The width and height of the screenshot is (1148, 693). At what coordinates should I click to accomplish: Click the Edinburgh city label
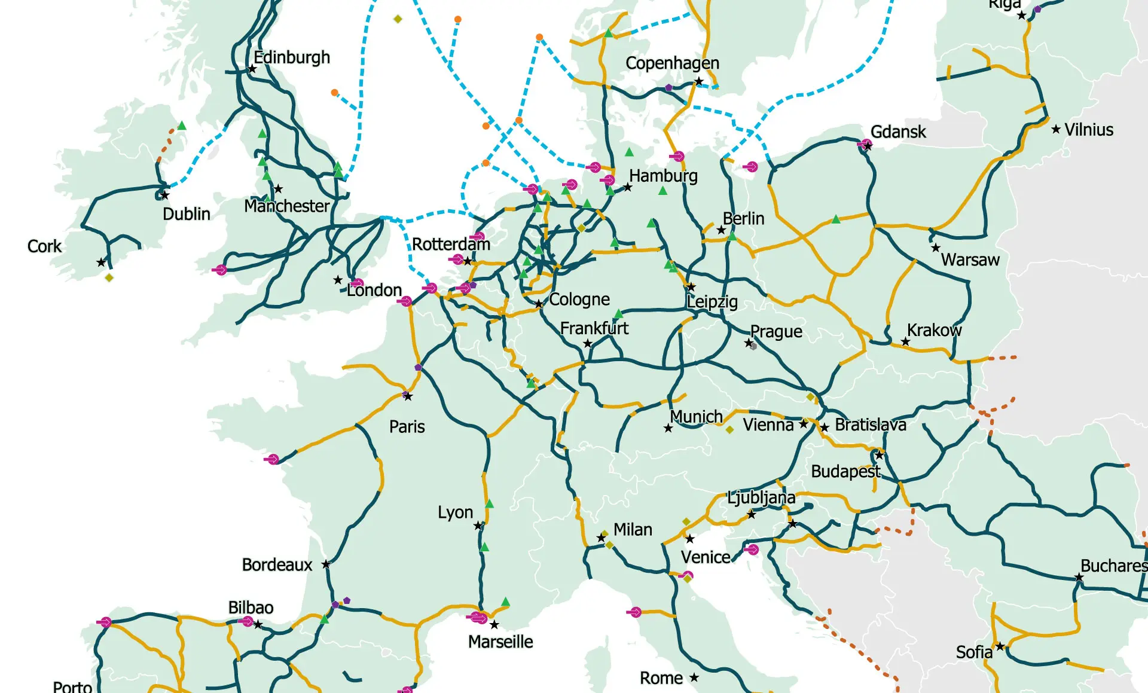click(292, 57)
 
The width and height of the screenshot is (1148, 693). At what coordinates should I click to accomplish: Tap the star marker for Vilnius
click(1056, 129)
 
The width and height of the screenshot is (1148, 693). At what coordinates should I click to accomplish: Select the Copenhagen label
click(672, 63)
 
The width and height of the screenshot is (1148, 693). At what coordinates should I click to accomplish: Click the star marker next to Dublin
click(165, 195)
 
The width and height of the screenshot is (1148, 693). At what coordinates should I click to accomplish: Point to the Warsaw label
click(970, 260)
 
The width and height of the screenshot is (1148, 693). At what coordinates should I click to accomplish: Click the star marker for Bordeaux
click(326, 564)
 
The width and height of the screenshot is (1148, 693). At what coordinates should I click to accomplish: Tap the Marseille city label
click(500, 642)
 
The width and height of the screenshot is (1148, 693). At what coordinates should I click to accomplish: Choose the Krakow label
click(934, 330)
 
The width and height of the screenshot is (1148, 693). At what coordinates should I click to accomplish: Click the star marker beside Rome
click(694, 677)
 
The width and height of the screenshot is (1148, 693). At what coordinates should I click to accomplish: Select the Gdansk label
click(898, 132)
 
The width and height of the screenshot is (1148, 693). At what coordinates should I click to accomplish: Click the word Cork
click(44, 246)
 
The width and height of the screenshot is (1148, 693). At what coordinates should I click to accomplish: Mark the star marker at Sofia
click(1000, 646)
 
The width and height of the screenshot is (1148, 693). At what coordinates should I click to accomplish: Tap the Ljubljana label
click(761, 497)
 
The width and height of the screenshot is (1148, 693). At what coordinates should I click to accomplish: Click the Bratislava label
click(871, 425)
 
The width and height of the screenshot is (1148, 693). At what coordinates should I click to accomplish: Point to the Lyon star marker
click(478, 526)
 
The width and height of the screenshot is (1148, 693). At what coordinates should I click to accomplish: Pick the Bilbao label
click(251, 607)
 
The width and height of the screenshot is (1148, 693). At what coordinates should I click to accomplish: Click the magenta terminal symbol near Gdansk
click(865, 144)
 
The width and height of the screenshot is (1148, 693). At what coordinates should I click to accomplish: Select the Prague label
click(776, 331)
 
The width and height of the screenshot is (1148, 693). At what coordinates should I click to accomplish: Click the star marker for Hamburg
click(627, 187)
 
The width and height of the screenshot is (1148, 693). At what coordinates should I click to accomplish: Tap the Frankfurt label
click(594, 328)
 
